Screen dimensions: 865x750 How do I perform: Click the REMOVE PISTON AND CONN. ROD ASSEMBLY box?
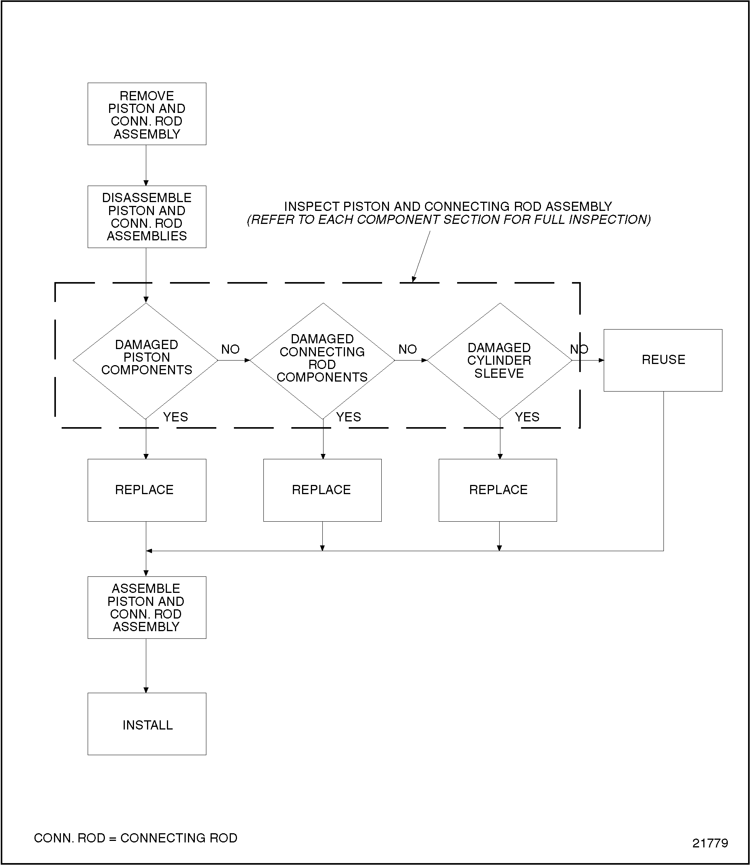[x=147, y=114]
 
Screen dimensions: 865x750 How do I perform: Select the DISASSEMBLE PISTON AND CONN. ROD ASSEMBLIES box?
[x=147, y=217]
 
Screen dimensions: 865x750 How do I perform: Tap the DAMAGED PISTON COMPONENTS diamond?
[x=145, y=361]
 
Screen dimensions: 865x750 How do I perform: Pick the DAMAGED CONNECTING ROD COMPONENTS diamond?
[x=322, y=361]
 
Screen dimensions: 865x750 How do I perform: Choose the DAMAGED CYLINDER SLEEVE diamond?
[x=499, y=361]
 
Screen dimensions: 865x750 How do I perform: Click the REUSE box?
[x=663, y=360]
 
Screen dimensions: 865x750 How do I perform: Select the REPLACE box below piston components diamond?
[x=147, y=490]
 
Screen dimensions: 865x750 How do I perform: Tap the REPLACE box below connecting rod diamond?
[x=322, y=490]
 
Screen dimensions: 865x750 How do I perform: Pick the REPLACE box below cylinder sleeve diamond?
[x=498, y=490]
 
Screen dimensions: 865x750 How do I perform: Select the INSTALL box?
[x=147, y=725]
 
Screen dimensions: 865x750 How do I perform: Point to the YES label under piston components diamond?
[x=175, y=417]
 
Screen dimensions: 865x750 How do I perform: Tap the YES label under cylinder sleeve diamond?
[x=527, y=417]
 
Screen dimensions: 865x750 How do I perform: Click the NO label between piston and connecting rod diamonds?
[x=230, y=349]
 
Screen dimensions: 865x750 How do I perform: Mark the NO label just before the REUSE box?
[x=579, y=349]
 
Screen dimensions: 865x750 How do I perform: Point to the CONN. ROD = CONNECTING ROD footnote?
[x=136, y=838]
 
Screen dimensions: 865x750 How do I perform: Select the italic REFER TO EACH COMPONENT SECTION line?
[x=449, y=220]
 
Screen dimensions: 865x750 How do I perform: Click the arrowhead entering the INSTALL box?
[x=146, y=690]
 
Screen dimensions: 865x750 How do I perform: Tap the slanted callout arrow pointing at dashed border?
[x=421, y=256]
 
